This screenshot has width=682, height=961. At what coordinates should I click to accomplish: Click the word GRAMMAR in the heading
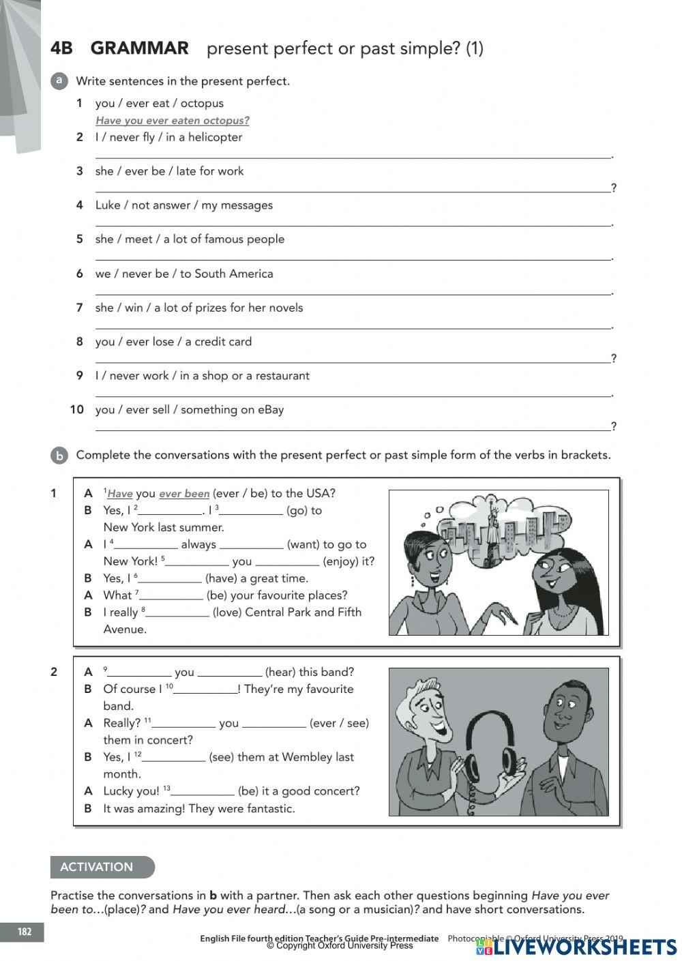[x=139, y=48]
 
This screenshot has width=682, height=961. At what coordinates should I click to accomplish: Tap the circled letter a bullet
[x=59, y=80]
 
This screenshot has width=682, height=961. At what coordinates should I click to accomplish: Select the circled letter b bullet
[x=59, y=456]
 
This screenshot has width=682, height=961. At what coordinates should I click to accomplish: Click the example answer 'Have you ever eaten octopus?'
[x=173, y=121]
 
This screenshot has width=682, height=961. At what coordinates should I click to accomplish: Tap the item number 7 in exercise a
[x=80, y=308]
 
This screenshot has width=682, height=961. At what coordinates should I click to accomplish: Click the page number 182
[x=25, y=932]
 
